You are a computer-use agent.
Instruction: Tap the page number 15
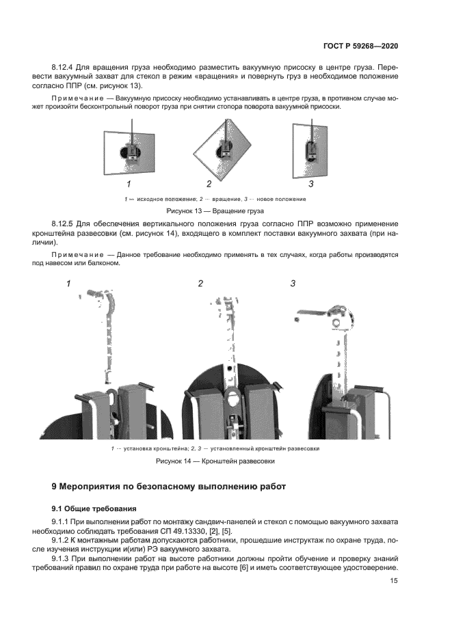[394, 581]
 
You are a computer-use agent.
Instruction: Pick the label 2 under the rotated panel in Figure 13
[209, 184]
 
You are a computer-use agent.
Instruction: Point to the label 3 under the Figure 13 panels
[311, 183]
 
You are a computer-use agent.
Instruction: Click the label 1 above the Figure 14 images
[68, 283]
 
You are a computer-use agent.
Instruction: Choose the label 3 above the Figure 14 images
[293, 283]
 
